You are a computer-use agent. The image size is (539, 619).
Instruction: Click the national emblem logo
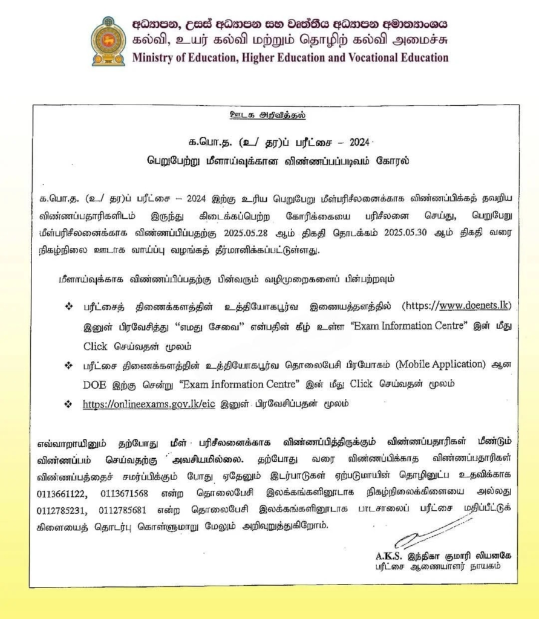(x=108, y=41)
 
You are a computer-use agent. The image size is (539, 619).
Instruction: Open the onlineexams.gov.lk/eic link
(x=149, y=403)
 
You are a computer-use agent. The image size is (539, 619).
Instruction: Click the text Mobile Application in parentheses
(x=446, y=365)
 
